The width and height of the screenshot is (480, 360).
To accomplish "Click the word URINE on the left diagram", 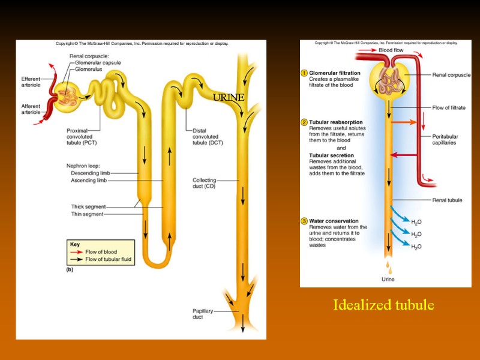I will [x=229, y=97].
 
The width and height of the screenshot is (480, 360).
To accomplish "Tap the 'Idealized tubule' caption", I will [x=383, y=305].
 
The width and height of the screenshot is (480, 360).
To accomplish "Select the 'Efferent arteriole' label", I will [x=31, y=82].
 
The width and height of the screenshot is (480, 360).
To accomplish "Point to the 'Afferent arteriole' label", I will [x=31, y=109].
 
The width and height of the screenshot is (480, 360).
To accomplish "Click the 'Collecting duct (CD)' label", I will [x=204, y=183].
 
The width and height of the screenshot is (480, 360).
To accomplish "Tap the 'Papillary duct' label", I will [x=202, y=314].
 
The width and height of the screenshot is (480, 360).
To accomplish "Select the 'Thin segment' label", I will [x=87, y=214].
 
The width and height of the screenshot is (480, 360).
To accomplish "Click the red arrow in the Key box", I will [x=77, y=252].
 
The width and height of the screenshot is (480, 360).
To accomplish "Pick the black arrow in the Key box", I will [x=77, y=260].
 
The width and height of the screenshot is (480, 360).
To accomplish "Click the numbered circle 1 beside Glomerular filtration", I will [x=304, y=73].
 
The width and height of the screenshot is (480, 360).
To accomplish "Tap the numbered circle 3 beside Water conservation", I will [x=304, y=221].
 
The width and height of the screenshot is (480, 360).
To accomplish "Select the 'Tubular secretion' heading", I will [x=331, y=155].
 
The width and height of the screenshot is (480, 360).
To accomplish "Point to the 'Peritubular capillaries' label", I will [x=444, y=139].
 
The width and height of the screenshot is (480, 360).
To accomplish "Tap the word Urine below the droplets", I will [x=388, y=279].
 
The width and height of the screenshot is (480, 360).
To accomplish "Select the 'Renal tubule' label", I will [x=447, y=200].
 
